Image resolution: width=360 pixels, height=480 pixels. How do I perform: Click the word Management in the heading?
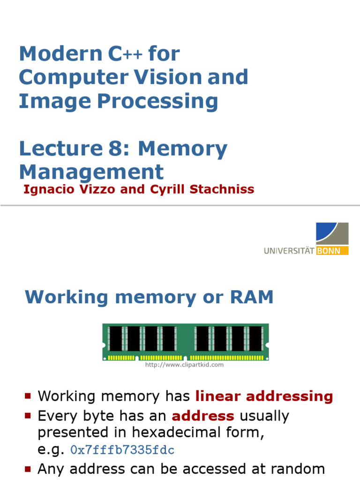tap(91, 172)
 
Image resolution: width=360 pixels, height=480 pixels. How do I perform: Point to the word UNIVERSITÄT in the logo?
tap(289, 251)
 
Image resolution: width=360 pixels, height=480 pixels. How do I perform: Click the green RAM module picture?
tap(185, 342)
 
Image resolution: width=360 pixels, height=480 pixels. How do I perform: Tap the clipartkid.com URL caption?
tap(184, 365)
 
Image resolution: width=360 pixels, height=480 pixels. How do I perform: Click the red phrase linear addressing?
tap(264, 396)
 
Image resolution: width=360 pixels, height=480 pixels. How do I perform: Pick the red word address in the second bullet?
tap(203, 416)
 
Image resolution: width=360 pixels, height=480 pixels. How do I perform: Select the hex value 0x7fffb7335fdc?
tap(122, 450)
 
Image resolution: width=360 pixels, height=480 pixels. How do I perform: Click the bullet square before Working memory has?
tap(28, 397)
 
